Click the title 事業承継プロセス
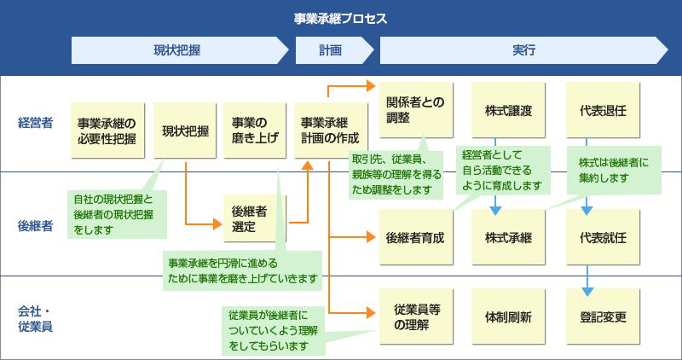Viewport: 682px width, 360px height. [340, 18]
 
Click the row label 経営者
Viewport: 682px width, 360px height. [35, 123]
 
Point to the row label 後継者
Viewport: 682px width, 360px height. [35, 226]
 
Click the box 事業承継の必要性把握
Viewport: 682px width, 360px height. [107, 131]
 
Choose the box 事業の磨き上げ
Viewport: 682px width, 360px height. [256, 131]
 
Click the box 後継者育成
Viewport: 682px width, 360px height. [415, 236]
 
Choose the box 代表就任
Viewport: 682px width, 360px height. [603, 236]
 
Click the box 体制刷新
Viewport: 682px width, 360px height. [508, 316]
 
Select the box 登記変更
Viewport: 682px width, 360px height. [603, 316]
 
